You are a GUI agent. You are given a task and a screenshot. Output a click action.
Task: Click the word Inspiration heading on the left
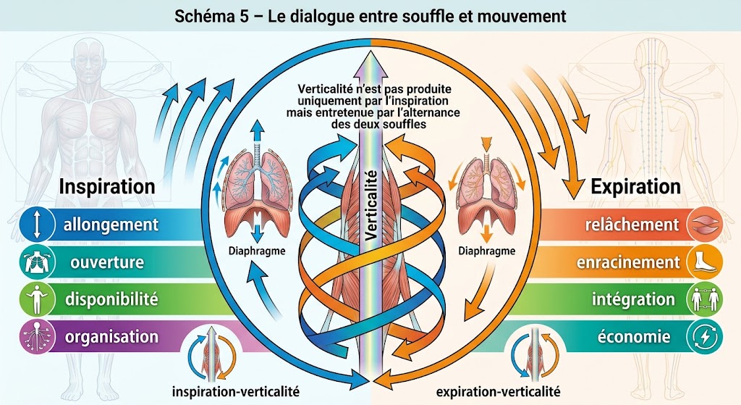click(x=107, y=187)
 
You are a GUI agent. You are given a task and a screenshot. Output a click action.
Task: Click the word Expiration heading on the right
click(x=635, y=187)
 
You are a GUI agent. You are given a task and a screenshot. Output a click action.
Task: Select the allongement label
click(x=111, y=225)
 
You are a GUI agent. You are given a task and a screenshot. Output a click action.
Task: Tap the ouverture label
click(x=107, y=262)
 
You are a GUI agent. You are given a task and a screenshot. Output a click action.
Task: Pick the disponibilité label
click(x=111, y=299)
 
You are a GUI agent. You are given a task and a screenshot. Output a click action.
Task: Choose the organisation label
click(x=111, y=337)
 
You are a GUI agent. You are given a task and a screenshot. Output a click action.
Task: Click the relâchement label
click(x=632, y=225)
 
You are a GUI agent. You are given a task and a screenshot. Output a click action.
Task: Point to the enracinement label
click(x=628, y=262)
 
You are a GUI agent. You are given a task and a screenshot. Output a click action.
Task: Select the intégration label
click(x=634, y=299)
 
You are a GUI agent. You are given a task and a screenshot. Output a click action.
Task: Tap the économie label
click(x=634, y=337)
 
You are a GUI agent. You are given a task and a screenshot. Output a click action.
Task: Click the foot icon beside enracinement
click(x=705, y=262)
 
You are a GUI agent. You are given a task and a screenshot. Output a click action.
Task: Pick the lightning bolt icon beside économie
click(x=705, y=337)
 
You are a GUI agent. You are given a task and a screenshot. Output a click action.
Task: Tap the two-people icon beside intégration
click(x=705, y=299)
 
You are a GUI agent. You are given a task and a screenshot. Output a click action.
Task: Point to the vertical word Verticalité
click(x=371, y=204)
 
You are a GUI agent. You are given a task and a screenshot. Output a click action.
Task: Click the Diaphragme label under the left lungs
click(x=257, y=251)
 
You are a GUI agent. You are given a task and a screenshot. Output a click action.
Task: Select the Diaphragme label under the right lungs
click(x=487, y=251)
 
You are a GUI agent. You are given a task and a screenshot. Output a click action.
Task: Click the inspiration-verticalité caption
click(x=236, y=392)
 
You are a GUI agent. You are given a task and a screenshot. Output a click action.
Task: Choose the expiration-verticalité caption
click(x=498, y=392)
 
